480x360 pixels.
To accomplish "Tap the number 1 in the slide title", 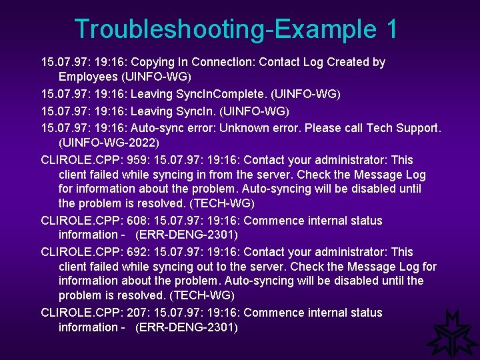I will pyautogui.click(x=391, y=29).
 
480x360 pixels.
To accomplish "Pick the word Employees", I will pyautogui.click(x=88, y=77).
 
